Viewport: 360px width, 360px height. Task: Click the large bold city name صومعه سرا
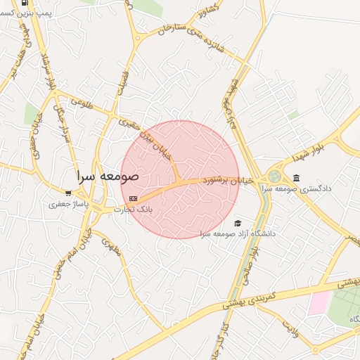[108, 175]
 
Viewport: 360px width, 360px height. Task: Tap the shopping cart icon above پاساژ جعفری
[68, 193]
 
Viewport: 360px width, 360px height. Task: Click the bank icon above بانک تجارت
[133, 199]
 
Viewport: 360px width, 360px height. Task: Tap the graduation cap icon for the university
[237, 223]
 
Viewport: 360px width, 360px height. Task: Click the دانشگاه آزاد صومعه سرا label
[238, 233]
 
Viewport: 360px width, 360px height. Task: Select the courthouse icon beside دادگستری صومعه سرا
[296, 177]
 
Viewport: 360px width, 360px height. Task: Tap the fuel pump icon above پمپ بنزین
[26, 3]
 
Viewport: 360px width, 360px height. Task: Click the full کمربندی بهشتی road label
[253, 298]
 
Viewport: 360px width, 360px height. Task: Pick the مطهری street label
[110, 246]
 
